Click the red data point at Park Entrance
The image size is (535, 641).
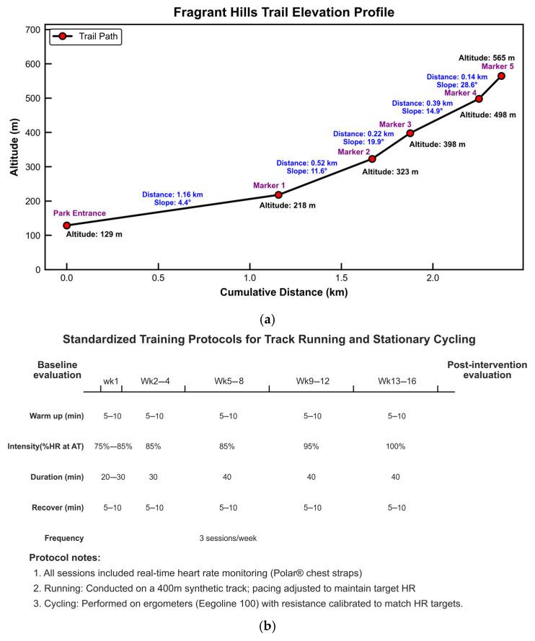pyautogui.click(x=67, y=225)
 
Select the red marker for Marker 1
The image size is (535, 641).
pyautogui.click(x=278, y=194)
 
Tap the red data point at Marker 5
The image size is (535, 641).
pyautogui.click(x=501, y=76)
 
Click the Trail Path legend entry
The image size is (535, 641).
pyautogui.click(x=85, y=36)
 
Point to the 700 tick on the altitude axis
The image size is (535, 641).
pyautogui.click(x=32, y=30)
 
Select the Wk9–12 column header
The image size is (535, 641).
pyautogui.click(x=312, y=380)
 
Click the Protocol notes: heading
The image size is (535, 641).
pyautogui.click(x=66, y=557)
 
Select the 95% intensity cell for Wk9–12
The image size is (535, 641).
pyautogui.click(x=312, y=447)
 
